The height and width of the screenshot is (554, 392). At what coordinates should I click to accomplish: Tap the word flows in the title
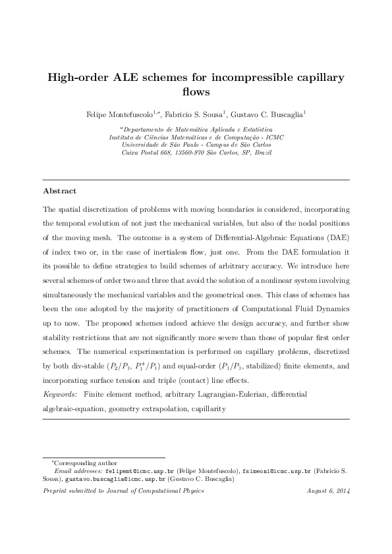pyautogui.click(x=196, y=92)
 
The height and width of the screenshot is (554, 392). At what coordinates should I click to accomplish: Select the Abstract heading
pyautogui.click(x=60, y=191)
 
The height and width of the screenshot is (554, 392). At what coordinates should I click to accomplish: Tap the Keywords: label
pyautogui.click(x=60, y=394)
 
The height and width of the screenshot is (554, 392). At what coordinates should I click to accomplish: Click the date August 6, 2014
pyautogui.click(x=328, y=491)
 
